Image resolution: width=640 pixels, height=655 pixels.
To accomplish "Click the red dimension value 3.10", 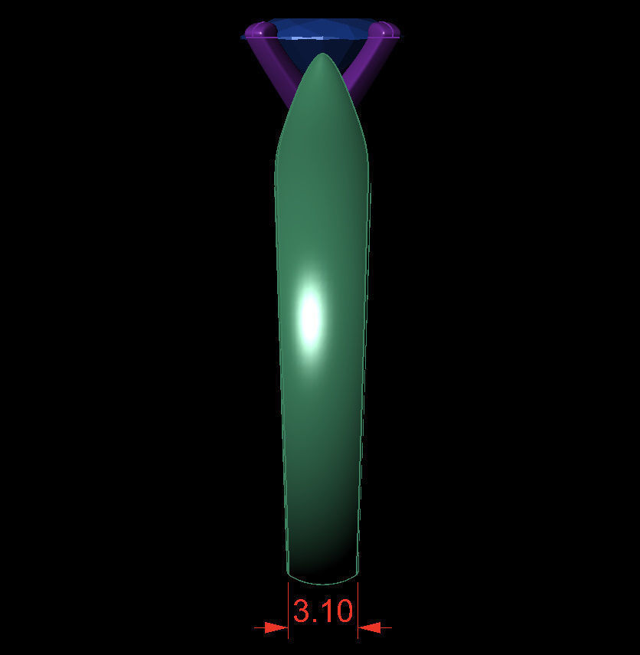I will tap(323, 611).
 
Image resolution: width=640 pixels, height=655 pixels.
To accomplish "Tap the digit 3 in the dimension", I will tap(302, 611).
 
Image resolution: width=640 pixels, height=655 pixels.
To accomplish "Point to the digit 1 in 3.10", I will tap(325, 611).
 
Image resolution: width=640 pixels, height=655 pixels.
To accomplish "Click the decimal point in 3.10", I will tap(315, 621).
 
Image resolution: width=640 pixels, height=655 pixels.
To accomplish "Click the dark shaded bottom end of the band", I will tap(322, 555).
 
